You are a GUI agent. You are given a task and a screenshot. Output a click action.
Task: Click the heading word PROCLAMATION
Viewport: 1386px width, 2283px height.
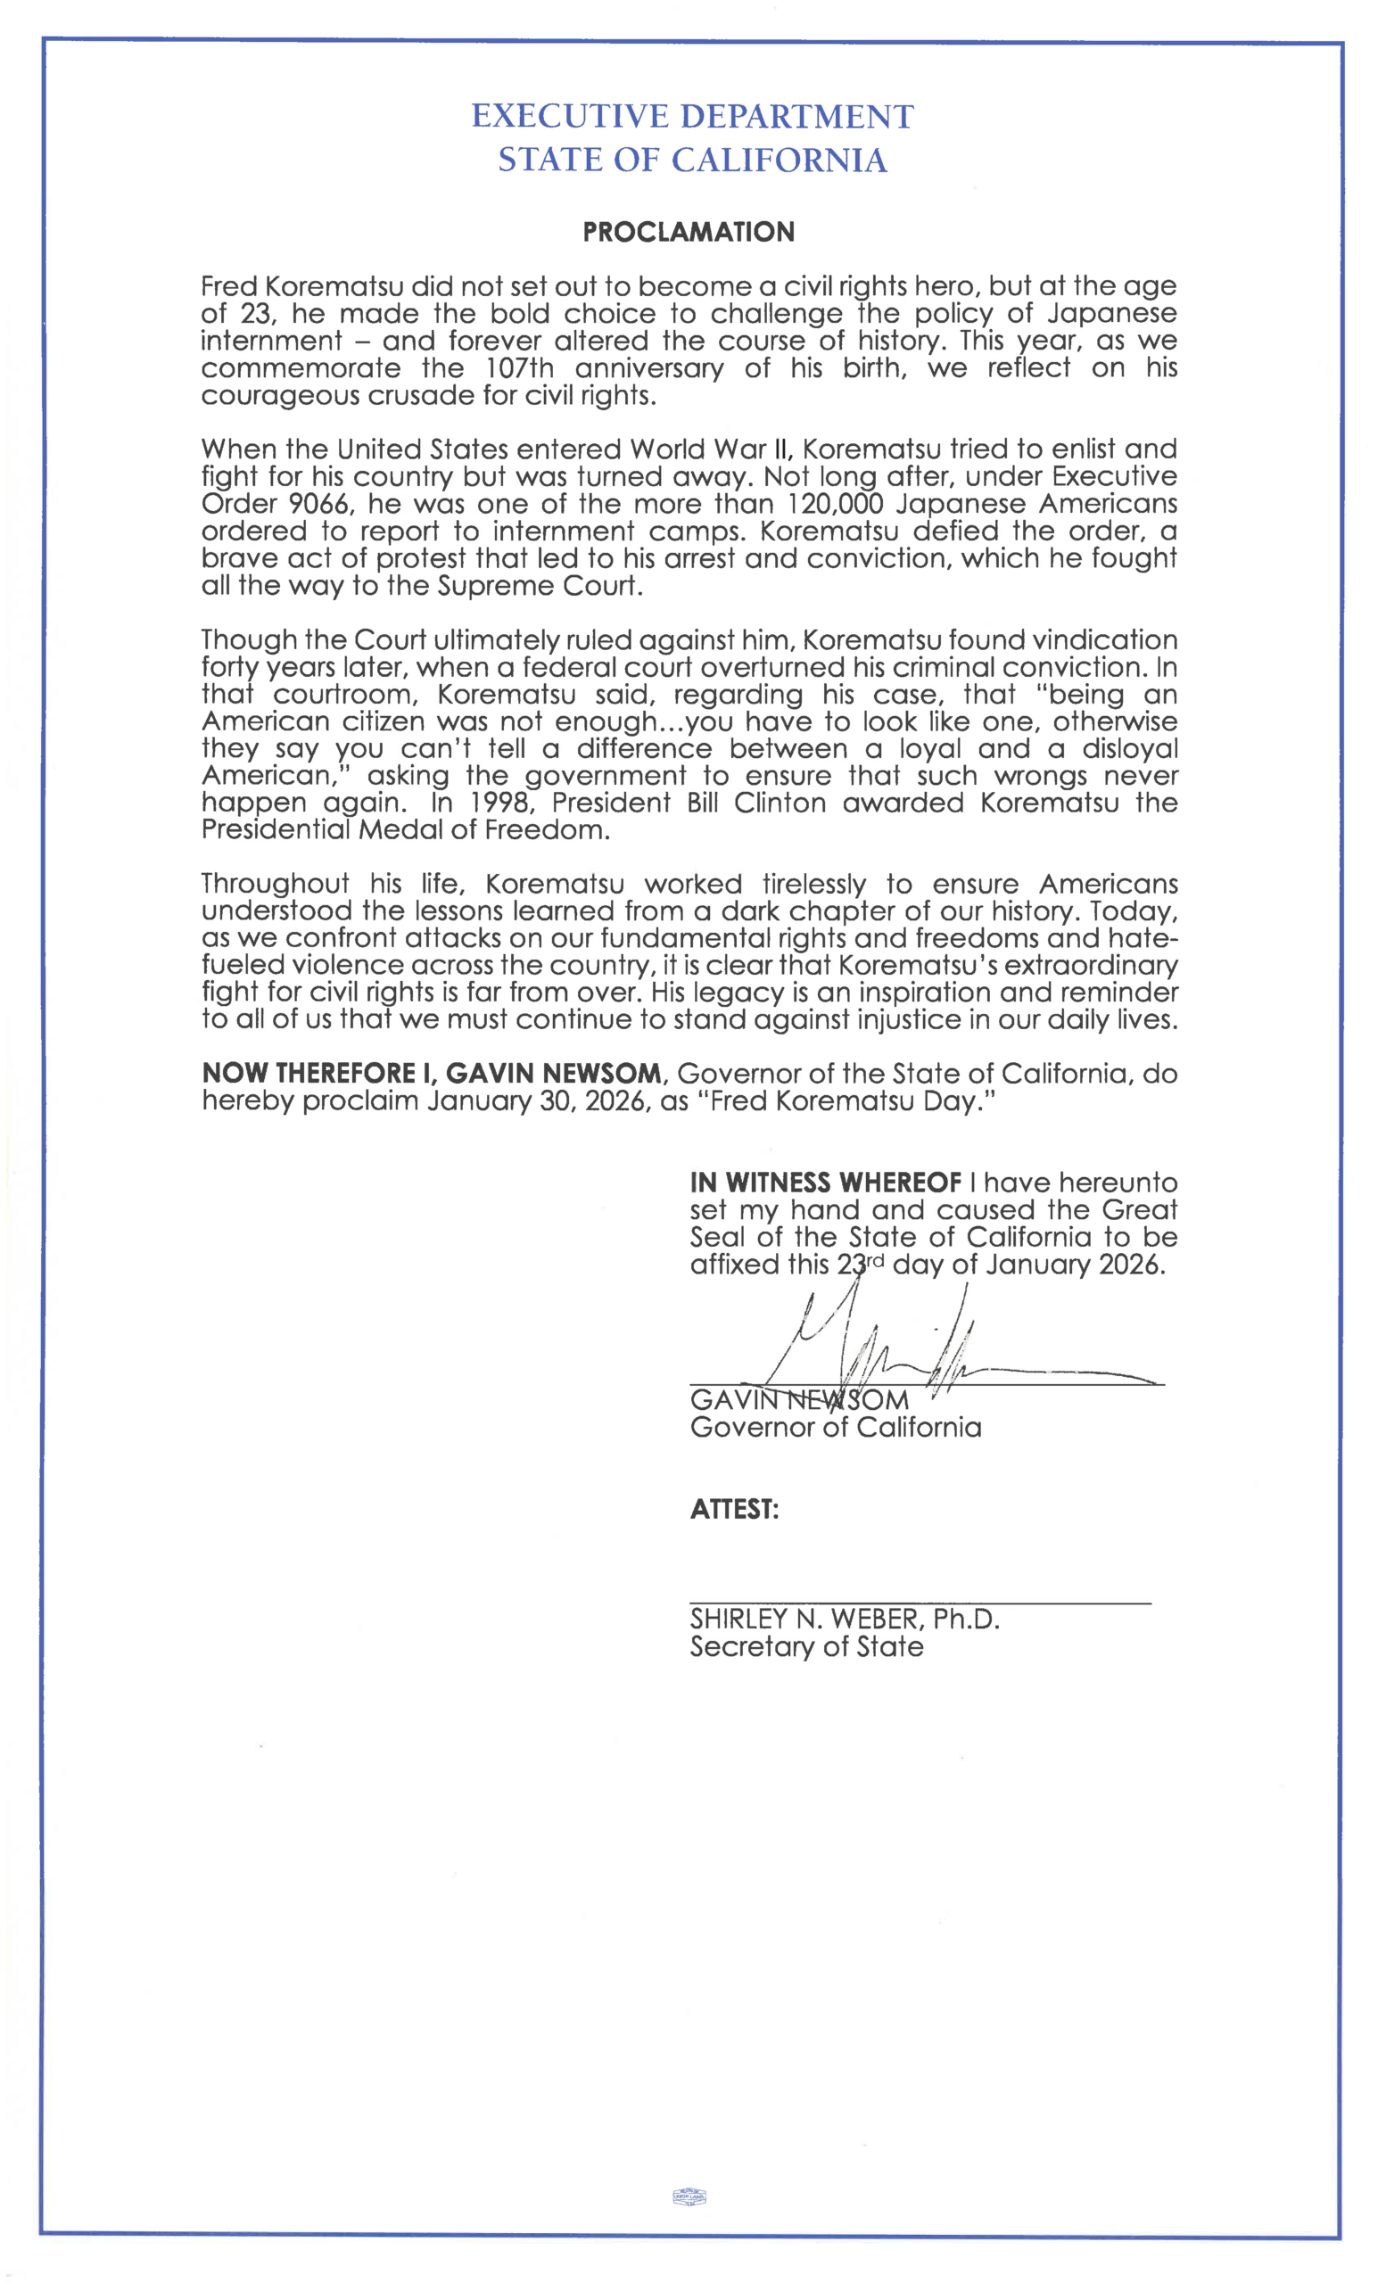689,232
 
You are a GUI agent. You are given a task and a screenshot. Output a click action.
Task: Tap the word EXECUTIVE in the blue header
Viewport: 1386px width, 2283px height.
570,117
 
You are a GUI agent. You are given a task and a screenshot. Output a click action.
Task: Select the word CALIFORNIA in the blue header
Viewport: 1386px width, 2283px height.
780,161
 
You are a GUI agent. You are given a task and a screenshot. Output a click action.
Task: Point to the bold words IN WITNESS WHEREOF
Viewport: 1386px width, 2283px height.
826,1183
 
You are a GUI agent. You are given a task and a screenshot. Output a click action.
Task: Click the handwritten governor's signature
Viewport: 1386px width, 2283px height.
889,1348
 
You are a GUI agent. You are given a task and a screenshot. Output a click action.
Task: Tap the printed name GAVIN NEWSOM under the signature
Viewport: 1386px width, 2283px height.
798,1400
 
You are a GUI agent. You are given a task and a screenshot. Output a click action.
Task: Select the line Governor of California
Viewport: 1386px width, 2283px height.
835,1427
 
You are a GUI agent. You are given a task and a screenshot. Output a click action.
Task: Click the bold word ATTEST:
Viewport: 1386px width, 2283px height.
734,1509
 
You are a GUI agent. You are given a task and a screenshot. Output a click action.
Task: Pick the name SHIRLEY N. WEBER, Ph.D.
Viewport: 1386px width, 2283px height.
844,1620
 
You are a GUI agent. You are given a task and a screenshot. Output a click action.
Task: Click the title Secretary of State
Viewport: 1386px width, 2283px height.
806,1646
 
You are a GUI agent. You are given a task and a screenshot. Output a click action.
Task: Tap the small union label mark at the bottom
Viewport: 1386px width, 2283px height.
689,2196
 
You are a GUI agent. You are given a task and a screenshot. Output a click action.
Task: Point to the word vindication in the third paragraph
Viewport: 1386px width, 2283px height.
1104,640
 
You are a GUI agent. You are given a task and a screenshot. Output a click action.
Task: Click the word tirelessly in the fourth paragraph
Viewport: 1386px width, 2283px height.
813,884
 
